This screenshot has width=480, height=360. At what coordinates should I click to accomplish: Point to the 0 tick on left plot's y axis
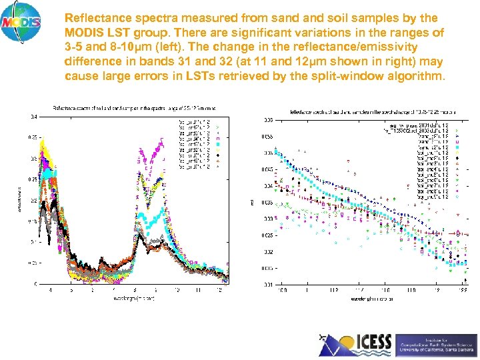point(35,284)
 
